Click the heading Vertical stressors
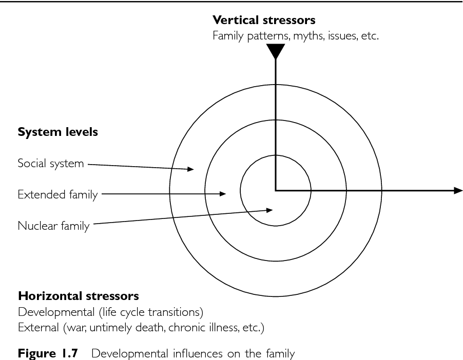(264, 21)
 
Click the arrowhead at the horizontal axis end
(458, 191)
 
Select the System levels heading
(58, 132)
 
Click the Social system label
(50, 164)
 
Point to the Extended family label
(57, 195)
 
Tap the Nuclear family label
(53, 226)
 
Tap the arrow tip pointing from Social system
(192, 168)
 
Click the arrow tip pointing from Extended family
(224, 194)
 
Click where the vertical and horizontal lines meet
(276, 191)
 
